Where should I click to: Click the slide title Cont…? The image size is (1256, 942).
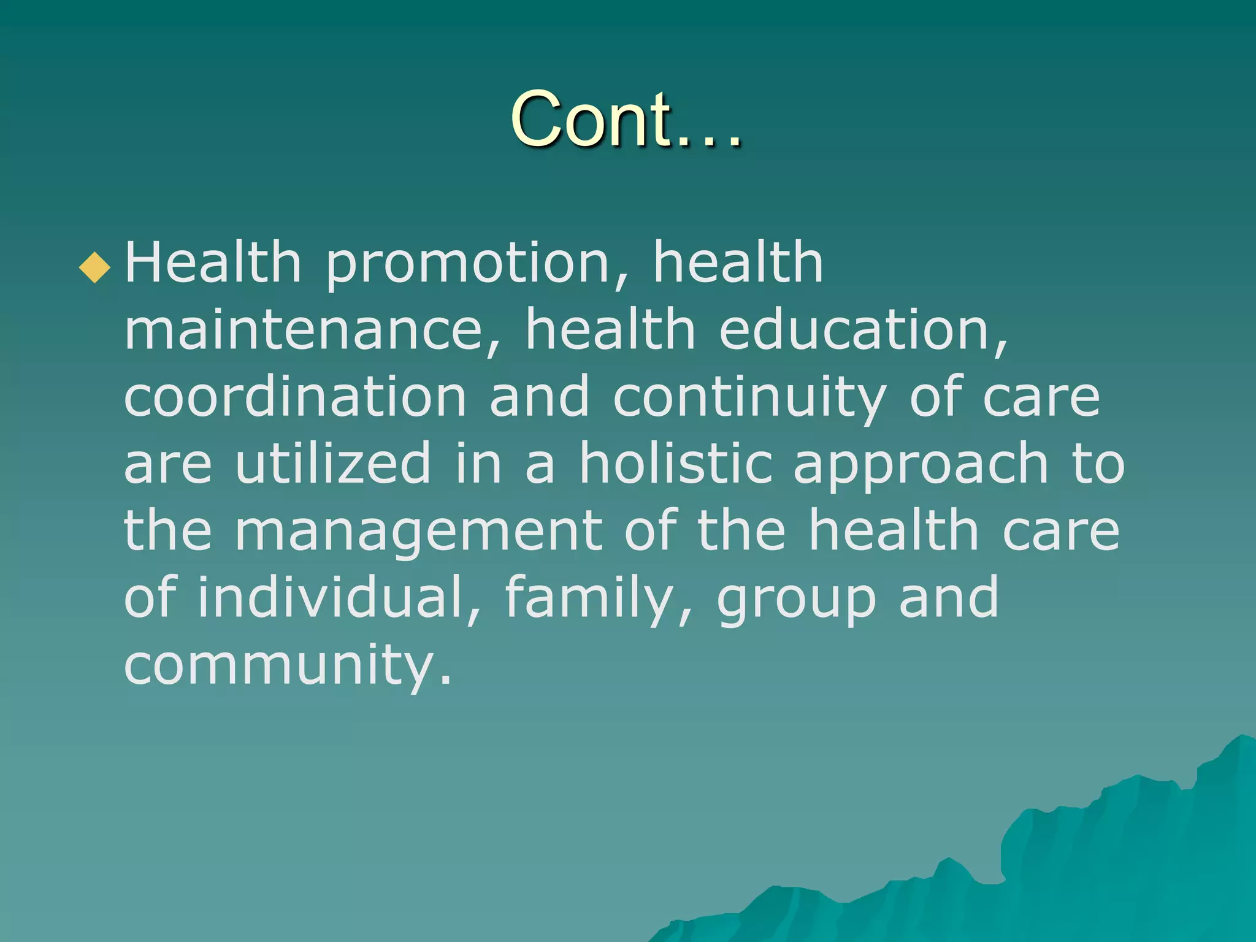(x=626, y=119)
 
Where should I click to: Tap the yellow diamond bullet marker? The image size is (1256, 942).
(x=95, y=267)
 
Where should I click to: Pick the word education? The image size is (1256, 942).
(x=862, y=330)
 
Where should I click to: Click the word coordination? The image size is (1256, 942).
(x=295, y=397)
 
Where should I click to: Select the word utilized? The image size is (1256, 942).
(x=334, y=463)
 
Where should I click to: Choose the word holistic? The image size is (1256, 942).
(x=675, y=463)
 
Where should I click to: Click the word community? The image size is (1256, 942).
(x=287, y=665)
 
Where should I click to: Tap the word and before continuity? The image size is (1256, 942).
(x=539, y=397)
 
